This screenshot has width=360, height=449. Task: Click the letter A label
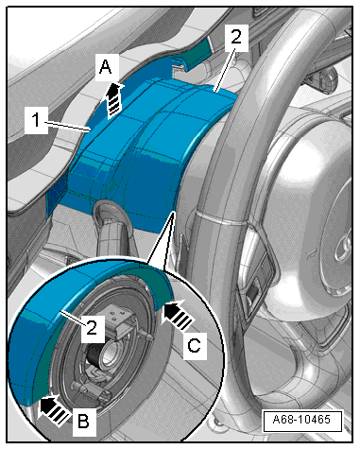coord(106,67)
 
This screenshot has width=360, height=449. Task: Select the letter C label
coord(194,346)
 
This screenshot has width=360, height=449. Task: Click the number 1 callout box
coord(37,120)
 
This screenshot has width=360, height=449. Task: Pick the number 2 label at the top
coord(236,38)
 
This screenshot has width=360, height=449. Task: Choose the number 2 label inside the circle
coord(93,328)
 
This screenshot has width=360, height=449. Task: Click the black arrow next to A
coord(113,101)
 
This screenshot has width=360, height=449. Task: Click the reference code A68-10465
coord(302,420)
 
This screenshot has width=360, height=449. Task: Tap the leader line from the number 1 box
coord(69,127)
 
